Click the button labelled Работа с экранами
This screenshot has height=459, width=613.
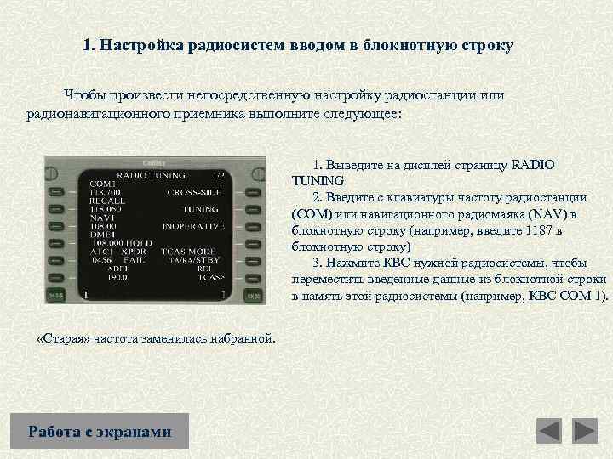pos(100,432)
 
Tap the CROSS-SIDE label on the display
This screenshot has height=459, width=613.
pos(195,191)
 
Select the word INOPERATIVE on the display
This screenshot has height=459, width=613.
pos(193,226)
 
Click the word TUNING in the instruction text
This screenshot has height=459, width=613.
pos(318,180)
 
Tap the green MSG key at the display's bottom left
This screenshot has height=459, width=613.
pos(55,296)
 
